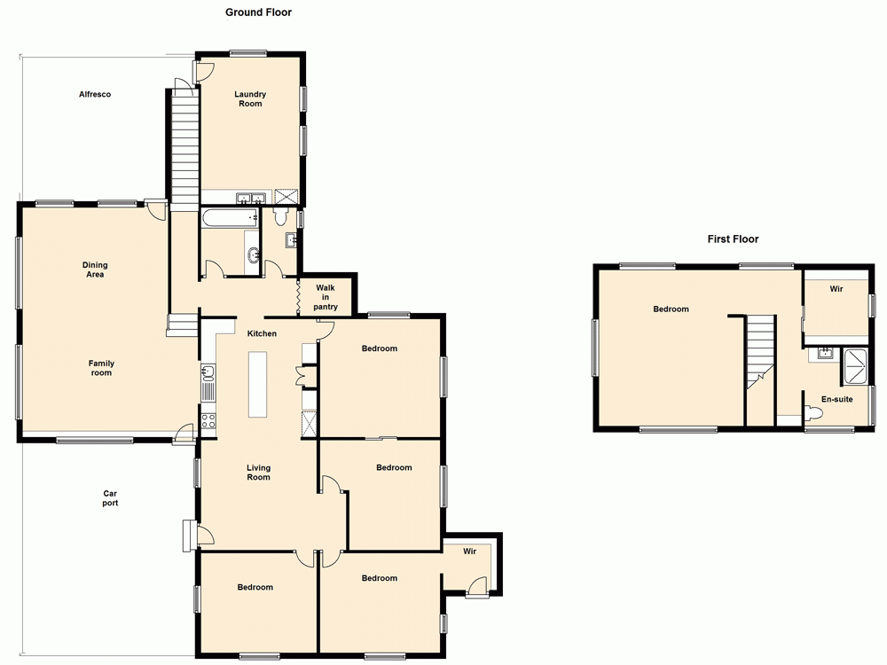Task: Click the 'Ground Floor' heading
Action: click(258, 12)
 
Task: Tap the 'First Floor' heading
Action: click(733, 239)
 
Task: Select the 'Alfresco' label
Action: click(94, 94)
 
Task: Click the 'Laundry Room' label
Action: click(249, 99)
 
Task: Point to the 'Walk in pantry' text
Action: click(326, 297)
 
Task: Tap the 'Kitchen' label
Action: click(262, 333)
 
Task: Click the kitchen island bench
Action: click(258, 384)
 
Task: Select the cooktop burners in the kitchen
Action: click(208, 421)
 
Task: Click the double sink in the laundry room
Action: click(247, 198)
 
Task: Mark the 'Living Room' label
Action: click(258, 473)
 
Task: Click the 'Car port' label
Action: click(110, 498)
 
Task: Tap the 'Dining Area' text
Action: click(95, 270)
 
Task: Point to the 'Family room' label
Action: click(101, 368)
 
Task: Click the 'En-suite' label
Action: click(836, 400)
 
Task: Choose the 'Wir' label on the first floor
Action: click(836, 289)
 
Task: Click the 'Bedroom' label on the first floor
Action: click(671, 309)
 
